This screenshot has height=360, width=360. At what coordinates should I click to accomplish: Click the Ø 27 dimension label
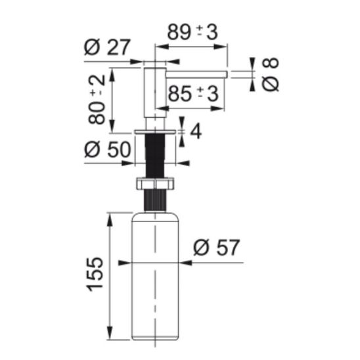pos(107,47)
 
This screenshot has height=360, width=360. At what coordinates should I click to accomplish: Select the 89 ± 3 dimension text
pos(192,32)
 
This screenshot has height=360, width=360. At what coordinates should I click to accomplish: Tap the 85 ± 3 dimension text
pos(193,94)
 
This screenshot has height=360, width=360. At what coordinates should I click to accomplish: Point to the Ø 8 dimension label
pos(271,74)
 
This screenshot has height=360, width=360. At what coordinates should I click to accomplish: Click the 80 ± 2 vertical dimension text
pos(97,100)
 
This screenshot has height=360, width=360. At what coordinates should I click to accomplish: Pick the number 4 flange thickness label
pos(196,131)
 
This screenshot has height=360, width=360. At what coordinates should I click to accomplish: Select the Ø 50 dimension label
pos(108,149)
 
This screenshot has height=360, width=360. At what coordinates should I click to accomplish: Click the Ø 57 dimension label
pos(216,247)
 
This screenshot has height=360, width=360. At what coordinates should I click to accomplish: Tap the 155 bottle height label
pos(95,275)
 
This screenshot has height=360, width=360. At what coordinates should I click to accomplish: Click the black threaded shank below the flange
pos(155,156)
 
